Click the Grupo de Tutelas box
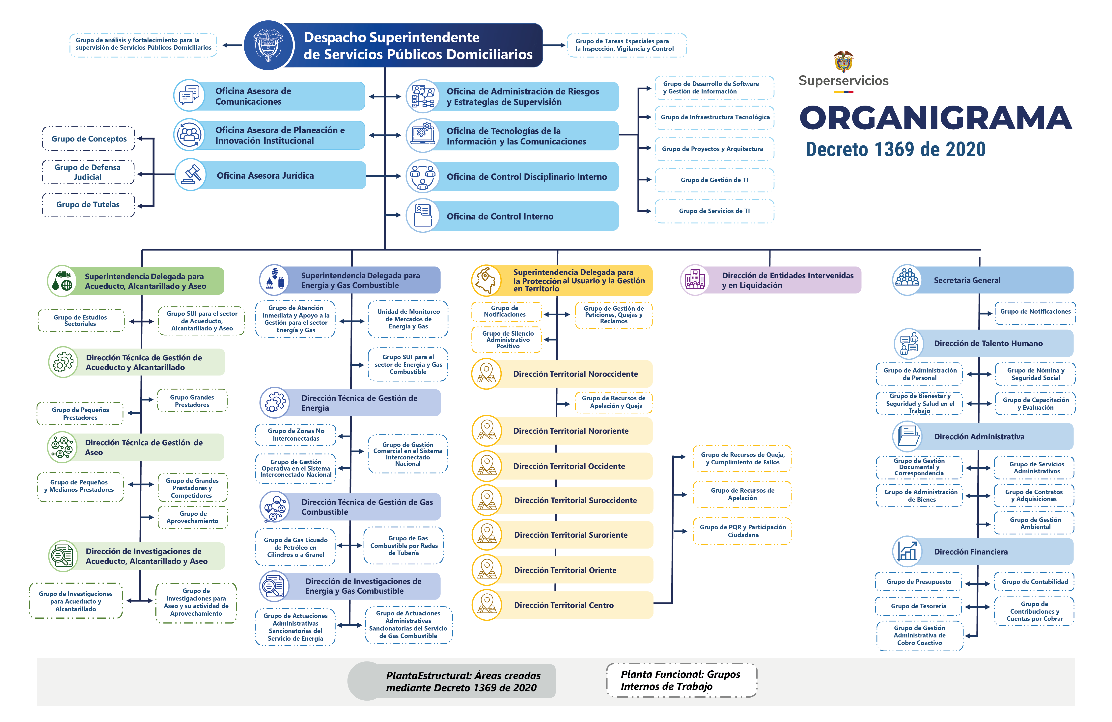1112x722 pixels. click(88, 205)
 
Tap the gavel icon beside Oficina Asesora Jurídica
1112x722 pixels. click(191, 175)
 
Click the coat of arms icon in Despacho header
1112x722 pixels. click(269, 45)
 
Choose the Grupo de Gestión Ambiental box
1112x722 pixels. click(1035, 523)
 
